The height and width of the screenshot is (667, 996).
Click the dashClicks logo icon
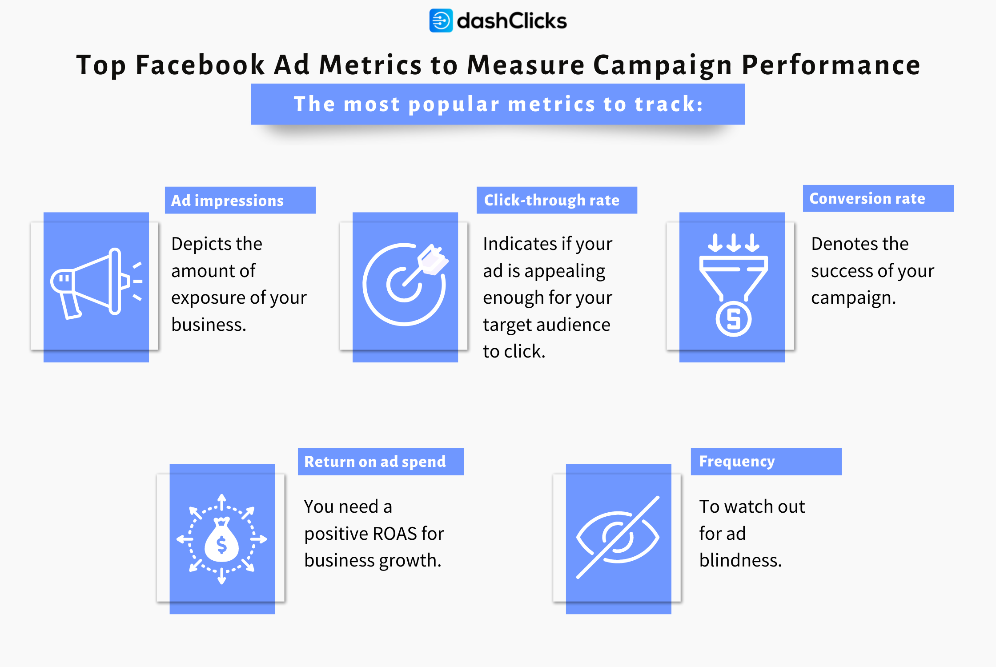pyautogui.click(x=441, y=20)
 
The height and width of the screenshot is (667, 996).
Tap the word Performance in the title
pyautogui.click(x=831, y=65)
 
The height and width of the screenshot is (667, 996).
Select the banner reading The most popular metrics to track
pyautogui.click(x=498, y=104)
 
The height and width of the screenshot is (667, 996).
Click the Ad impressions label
pyautogui.click(x=240, y=200)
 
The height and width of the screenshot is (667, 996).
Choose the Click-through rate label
pyautogui.click(x=557, y=200)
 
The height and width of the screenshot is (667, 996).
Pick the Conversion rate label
pyautogui.click(x=878, y=198)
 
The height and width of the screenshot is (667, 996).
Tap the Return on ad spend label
pyautogui.click(x=381, y=462)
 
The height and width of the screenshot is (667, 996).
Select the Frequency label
pyautogui.click(x=766, y=462)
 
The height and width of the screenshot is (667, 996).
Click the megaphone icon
pyautogui.click(x=96, y=283)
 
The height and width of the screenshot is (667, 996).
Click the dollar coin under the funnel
pyautogui.click(x=734, y=319)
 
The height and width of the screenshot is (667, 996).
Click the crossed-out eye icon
pyautogui.click(x=618, y=537)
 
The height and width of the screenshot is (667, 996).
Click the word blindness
pyautogui.click(x=740, y=560)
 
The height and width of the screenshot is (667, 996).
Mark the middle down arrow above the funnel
pyautogui.click(x=734, y=243)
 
